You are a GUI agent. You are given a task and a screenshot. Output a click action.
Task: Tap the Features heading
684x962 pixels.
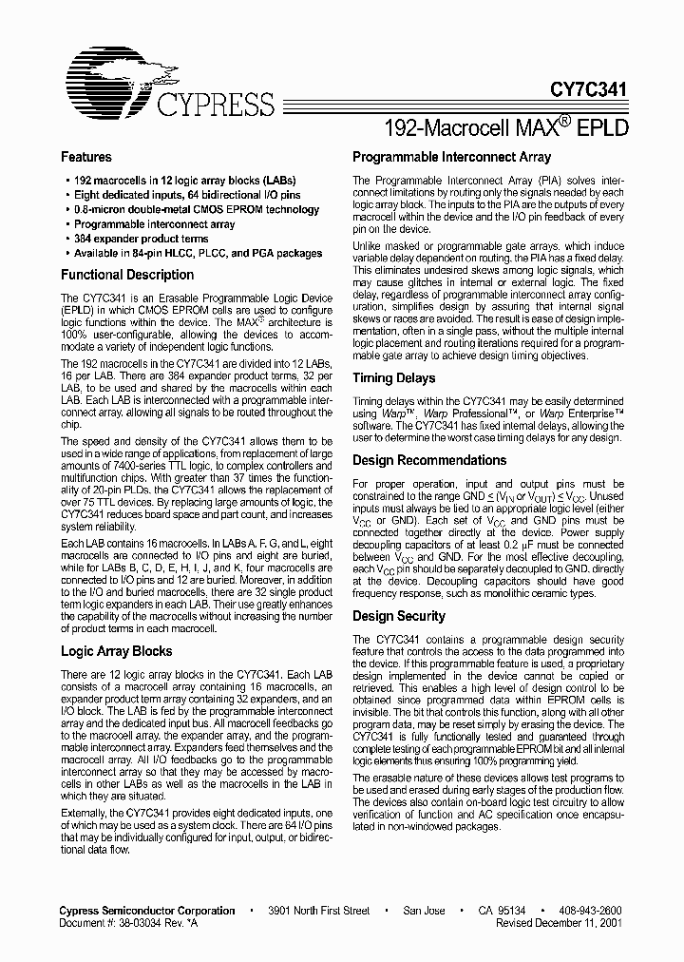click(86, 157)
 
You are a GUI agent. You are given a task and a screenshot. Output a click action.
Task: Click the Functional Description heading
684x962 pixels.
click(127, 275)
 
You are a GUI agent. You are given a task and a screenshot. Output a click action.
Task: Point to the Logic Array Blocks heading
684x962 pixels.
click(117, 651)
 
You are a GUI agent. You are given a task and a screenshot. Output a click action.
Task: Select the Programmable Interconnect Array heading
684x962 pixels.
click(451, 157)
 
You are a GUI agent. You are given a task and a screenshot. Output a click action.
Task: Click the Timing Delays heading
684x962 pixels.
click(393, 378)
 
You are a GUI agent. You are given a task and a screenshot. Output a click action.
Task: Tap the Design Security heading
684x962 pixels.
click(399, 616)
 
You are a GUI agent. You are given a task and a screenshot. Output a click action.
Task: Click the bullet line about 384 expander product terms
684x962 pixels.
click(142, 239)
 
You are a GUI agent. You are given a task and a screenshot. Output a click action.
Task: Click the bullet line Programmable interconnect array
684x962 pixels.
click(155, 224)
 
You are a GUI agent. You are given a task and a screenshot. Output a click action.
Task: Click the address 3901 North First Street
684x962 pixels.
click(318, 911)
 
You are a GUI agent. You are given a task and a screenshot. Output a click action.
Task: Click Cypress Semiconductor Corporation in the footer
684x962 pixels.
click(148, 911)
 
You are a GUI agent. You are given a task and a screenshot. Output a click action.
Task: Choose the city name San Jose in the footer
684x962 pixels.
click(424, 911)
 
